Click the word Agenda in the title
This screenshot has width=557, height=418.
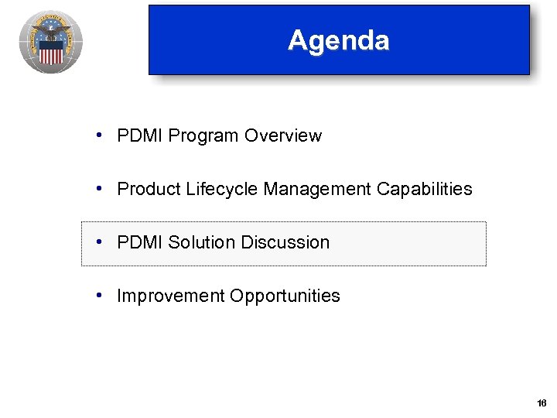point(338,40)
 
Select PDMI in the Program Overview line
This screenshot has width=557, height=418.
point(140,135)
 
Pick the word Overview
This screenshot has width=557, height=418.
point(283,135)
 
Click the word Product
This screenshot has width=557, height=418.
point(149,189)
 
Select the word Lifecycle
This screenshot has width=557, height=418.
point(223,189)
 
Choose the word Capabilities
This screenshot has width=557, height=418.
point(425,189)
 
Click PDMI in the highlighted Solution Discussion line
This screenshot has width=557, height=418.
point(140,242)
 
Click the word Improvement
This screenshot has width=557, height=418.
point(171,296)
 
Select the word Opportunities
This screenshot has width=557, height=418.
point(285,296)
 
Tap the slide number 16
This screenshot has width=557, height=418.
point(541,403)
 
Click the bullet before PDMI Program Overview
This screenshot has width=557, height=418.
point(101,135)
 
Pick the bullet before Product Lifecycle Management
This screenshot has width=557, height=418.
point(101,189)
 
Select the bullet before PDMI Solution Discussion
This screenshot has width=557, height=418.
point(101,242)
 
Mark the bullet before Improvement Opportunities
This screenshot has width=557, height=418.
point(101,296)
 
